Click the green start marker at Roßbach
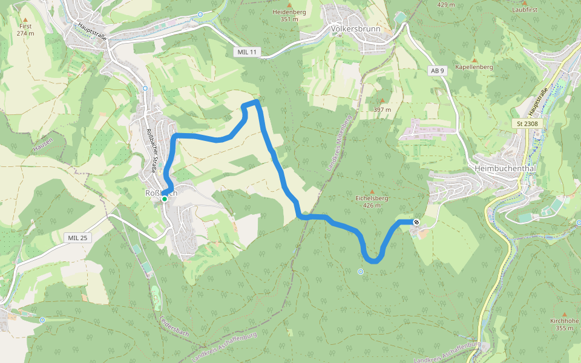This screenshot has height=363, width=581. [x=164, y=198]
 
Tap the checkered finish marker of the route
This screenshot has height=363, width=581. [x=416, y=222]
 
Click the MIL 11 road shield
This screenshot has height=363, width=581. [x=247, y=53]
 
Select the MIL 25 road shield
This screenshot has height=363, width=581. [x=78, y=238]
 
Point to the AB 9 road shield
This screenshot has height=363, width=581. [x=437, y=71]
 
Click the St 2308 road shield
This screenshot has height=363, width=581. [x=528, y=124]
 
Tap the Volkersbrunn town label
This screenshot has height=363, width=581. [x=355, y=28]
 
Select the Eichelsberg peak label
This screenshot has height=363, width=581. [x=372, y=198]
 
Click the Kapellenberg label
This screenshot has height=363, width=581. [x=474, y=67]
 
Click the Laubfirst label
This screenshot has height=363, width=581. [x=524, y=10]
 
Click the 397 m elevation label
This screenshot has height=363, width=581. [x=382, y=110]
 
